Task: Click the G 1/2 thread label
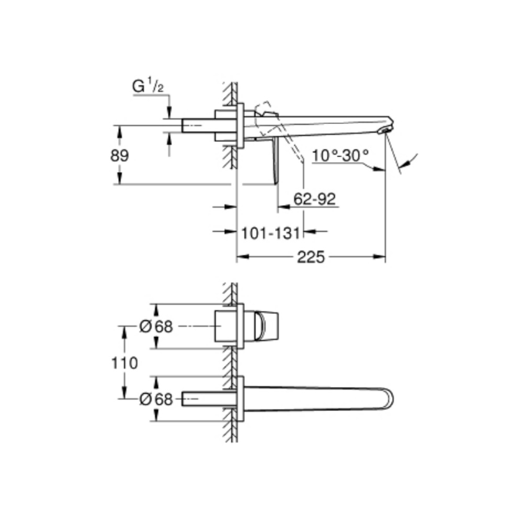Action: [x=149, y=87]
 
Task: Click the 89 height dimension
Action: [x=120, y=155]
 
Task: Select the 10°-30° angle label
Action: [x=340, y=155]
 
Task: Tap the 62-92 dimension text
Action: [x=314, y=199]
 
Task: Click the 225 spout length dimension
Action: [x=311, y=257]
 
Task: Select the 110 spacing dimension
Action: [x=124, y=362]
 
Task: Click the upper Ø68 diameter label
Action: [x=156, y=327]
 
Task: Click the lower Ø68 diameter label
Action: [x=156, y=399]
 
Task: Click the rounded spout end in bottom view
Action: [x=387, y=399]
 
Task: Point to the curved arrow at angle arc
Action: [x=413, y=156]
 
